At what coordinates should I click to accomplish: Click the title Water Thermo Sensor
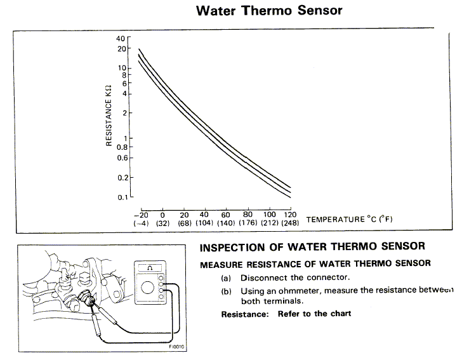(x=269, y=10)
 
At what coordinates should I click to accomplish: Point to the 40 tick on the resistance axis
(x=121, y=38)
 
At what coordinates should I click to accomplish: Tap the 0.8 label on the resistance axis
(x=122, y=147)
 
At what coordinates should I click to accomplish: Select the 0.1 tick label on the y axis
(x=122, y=197)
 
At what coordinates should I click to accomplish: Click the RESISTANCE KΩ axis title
(x=109, y=116)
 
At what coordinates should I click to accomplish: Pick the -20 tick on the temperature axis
(x=141, y=215)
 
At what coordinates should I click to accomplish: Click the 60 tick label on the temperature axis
(x=225, y=215)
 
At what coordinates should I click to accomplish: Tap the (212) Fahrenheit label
(x=270, y=223)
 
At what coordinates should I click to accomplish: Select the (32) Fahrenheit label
(x=162, y=223)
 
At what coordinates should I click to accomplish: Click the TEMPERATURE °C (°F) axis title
(x=349, y=219)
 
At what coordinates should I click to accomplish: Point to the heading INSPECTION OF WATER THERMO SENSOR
(x=312, y=247)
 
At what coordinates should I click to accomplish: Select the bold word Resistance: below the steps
(x=245, y=314)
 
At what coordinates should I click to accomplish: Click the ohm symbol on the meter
(x=150, y=268)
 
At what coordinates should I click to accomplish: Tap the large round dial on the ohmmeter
(x=147, y=288)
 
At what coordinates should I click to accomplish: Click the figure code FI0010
(x=176, y=347)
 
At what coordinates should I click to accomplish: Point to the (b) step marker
(x=226, y=291)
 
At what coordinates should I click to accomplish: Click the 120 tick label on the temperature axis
(x=290, y=215)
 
